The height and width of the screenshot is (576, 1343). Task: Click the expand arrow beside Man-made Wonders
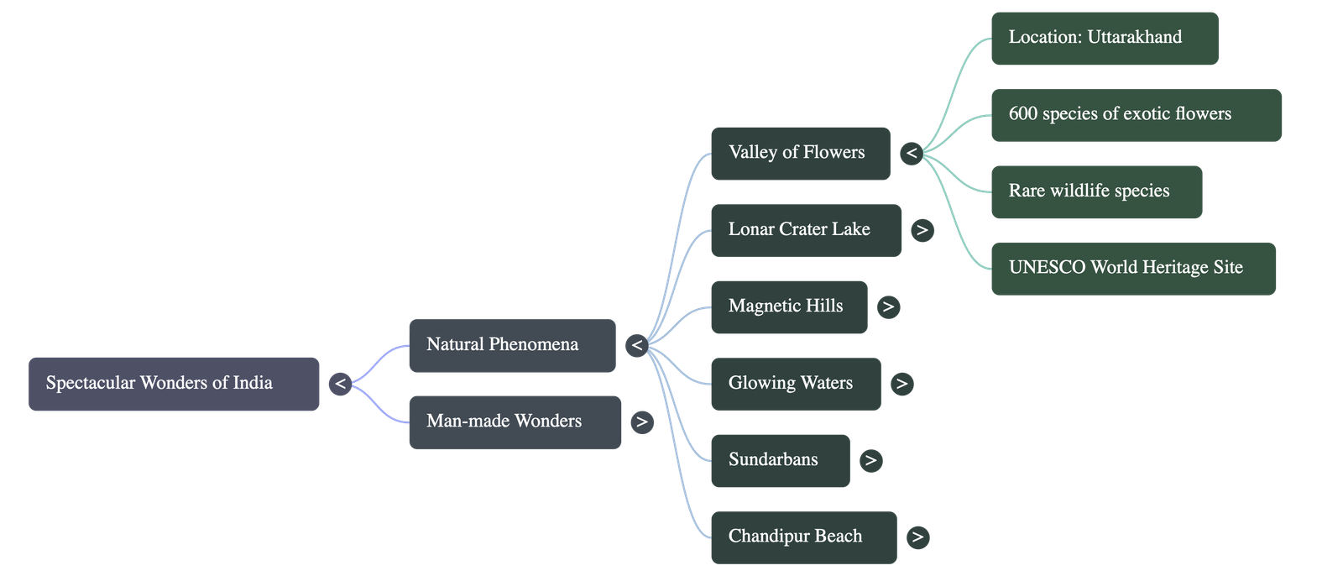tap(642, 422)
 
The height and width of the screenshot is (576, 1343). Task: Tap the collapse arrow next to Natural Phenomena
tap(637, 345)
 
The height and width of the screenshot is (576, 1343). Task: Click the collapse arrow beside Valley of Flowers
tap(912, 154)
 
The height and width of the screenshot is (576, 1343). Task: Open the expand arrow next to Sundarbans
tap(870, 460)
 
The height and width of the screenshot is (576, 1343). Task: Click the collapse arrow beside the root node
tap(340, 385)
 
